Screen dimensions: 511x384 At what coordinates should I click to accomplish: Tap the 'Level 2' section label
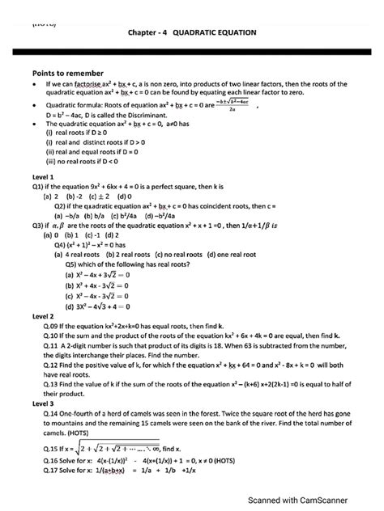pyautogui.click(x=41, y=315)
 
